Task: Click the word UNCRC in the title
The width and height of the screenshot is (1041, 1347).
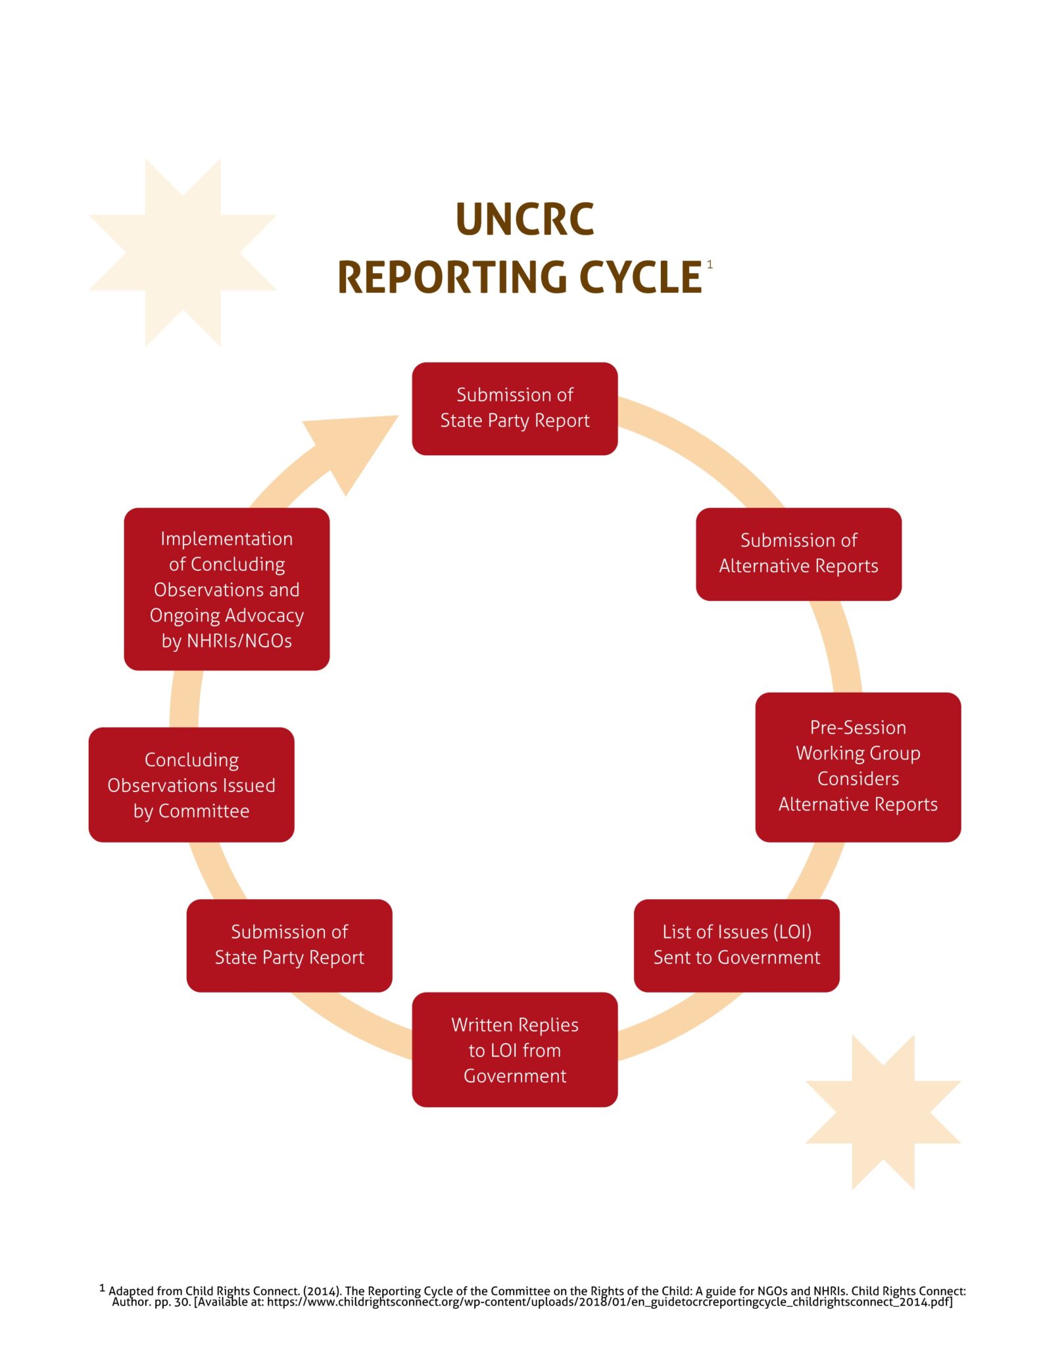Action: pos(524,219)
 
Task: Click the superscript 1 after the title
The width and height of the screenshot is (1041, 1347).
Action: pos(710,264)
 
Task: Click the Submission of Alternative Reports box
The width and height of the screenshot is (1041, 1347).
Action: pos(798,553)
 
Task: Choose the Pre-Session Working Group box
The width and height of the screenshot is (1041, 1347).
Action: pos(858,766)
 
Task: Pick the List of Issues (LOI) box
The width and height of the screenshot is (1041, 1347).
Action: pos(737,944)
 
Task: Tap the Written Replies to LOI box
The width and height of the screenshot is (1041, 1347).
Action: pos(514,1050)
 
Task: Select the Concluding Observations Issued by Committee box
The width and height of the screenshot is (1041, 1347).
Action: pos(191,785)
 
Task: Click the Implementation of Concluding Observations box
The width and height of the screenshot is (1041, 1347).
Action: pos(226,589)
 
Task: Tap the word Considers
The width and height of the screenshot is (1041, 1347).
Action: pos(858,779)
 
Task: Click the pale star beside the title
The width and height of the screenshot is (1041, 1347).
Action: pos(182,252)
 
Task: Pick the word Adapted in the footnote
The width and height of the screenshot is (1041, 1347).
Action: pos(132,1291)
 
